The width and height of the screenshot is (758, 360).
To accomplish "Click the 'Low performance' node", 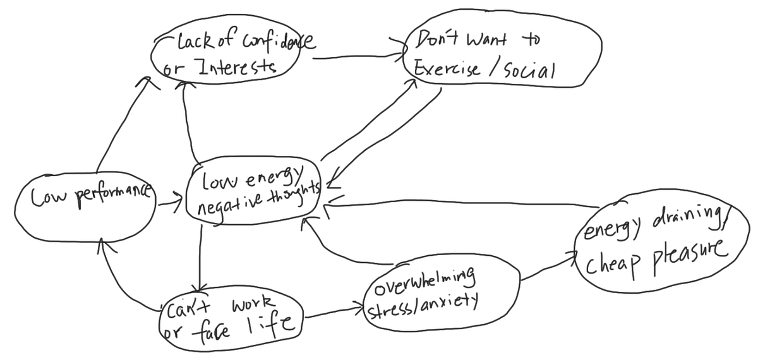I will pos(85,199).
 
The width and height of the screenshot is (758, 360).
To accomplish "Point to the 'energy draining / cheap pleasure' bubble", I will pos(657,243).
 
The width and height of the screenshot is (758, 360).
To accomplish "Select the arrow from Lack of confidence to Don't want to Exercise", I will pos(357,58).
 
